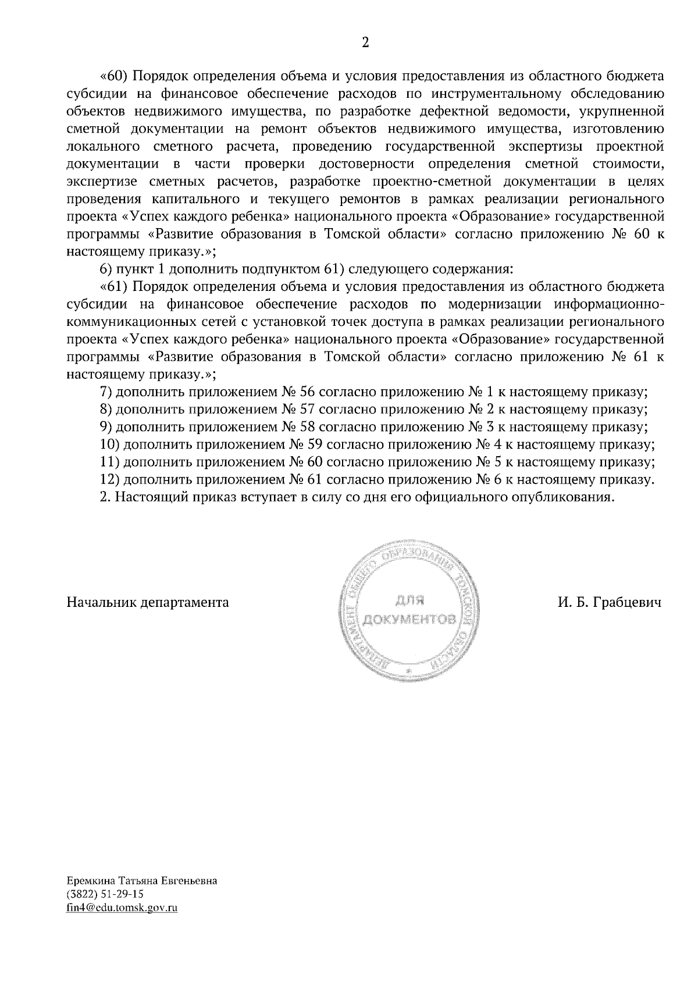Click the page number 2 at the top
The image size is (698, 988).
(x=365, y=42)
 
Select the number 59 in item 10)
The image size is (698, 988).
(x=314, y=445)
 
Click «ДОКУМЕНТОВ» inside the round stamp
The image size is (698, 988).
(x=407, y=617)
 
